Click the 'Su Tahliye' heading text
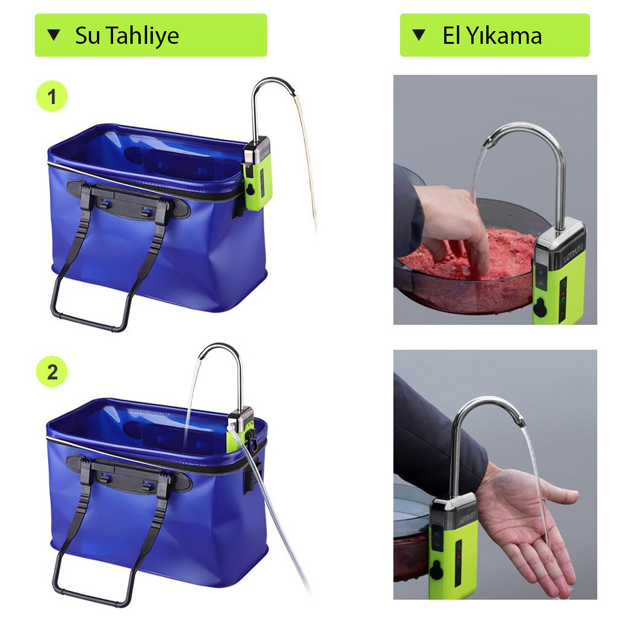(x=127, y=35)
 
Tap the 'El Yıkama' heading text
(x=492, y=35)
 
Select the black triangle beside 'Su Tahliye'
(x=54, y=35)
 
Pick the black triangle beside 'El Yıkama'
(x=419, y=35)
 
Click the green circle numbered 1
(x=52, y=96)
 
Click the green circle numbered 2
(x=52, y=372)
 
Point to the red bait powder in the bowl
(x=469, y=254)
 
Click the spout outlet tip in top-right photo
(x=489, y=142)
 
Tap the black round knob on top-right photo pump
(x=539, y=308)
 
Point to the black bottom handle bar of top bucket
(x=89, y=321)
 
